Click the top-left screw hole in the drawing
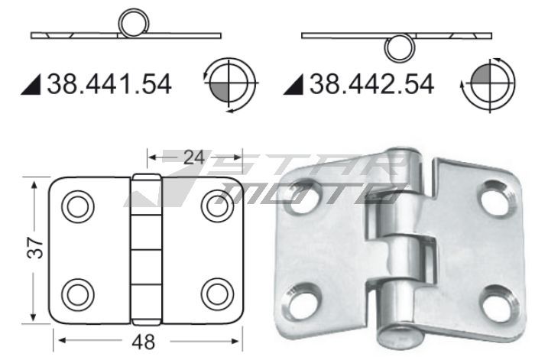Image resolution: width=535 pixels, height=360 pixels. pyautogui.click(x=77, y=206)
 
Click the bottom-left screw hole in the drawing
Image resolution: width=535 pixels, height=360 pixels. pyautogui.click(x=77, y=293)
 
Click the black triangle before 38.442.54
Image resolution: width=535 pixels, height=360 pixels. pyautogui.click(x=293, y=84)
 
